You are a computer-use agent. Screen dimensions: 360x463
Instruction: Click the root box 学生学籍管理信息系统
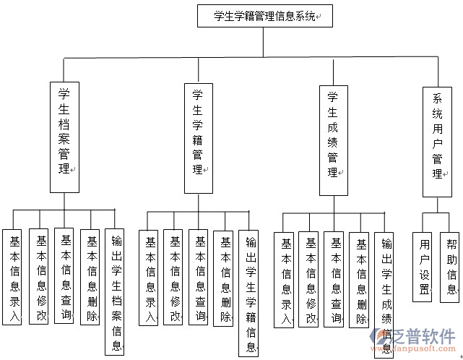pos(264,16)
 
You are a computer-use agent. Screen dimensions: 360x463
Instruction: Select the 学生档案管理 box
pos(64,137)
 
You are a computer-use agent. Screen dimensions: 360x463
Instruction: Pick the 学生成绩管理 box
pos(333,140)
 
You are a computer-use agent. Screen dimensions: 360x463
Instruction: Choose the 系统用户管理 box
pos(438,142)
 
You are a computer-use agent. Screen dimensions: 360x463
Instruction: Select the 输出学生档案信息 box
pos(115,291)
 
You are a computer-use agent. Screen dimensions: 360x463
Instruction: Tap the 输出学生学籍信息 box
pos(249,293)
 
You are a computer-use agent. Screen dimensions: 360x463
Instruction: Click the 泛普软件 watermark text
pos(425,337)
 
